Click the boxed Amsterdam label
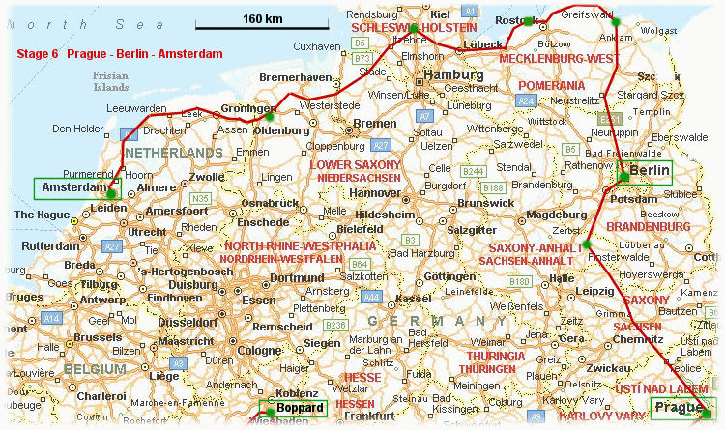click(x=73, y=187)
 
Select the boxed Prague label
click(x=681, y=407)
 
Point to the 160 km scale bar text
click(x=262, y=18)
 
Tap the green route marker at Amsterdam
click(x=111, y=194)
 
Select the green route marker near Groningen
click(x=271, y=117)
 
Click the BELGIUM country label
click(x=95, y=369)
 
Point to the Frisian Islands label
click(x=110, y=80)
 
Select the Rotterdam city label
click(x=49, y=244)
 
